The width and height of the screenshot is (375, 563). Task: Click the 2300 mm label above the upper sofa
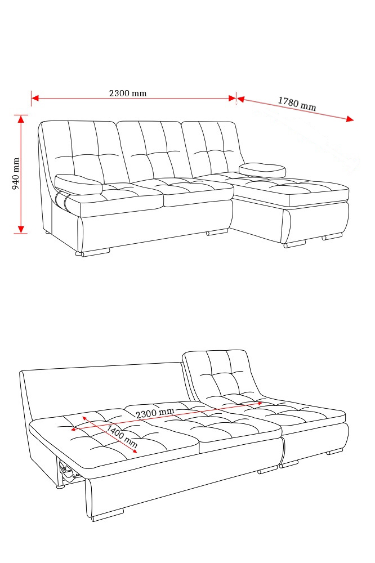click(x=128, y=93)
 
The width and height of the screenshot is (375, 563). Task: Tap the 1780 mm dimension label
click(x=297, y=104)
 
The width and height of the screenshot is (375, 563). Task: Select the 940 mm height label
click(x=16, y=174)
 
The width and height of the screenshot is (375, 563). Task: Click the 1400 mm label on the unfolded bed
click(x=122, y=436)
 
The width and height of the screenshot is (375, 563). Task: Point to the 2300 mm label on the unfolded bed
click(x=155, y=413)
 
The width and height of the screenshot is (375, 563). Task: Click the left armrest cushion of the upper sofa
click(x=78, y=184)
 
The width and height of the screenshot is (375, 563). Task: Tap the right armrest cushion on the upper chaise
click(x=262, y=170)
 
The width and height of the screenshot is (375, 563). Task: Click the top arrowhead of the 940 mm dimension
click(x=21, y=119)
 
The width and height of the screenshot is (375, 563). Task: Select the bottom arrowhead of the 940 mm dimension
click(x=21, y=229)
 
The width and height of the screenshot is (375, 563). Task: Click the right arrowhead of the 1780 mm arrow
click(x=350, y=119)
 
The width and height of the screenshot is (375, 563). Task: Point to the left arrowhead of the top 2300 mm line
click(x=35, y=97)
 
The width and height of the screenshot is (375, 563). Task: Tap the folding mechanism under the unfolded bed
click(x=68, y=470)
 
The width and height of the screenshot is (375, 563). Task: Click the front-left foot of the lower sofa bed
click(x=108, y=514)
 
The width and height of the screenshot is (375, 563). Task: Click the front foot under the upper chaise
click(x=294, y=244)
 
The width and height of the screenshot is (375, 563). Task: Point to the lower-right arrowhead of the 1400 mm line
click(x=134, y=450)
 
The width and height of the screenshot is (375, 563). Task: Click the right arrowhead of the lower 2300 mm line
click(x=260, y=404)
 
